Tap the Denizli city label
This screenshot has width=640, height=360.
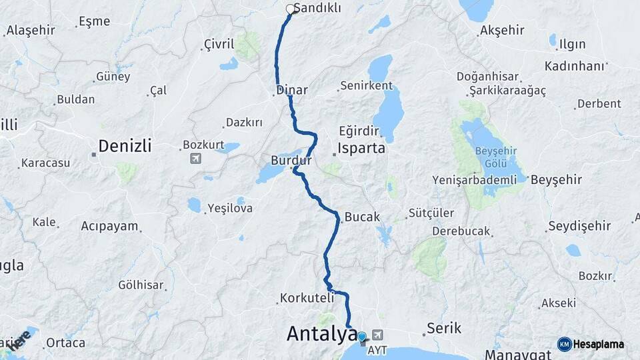(125, 145)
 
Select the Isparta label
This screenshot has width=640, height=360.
(361, 148)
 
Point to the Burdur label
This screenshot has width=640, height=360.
(291, 161)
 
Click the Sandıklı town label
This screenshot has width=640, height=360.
(317, 8)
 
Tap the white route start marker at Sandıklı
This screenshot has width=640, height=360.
(291, 9)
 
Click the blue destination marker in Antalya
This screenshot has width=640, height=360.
(362, 337)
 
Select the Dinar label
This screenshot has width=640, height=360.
(291, 89)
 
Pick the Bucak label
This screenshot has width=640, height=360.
(362, 217)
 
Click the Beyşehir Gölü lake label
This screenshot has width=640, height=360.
(496, 157)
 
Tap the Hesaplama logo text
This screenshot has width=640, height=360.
(598, 344)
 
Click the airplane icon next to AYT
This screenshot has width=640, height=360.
(379, 334)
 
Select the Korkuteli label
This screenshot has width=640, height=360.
(306, 298)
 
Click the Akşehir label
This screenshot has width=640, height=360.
(502, 30)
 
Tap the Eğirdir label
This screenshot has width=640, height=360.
(359, 130)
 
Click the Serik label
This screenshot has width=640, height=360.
(444, 328)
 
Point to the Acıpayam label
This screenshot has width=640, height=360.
(109, 226)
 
